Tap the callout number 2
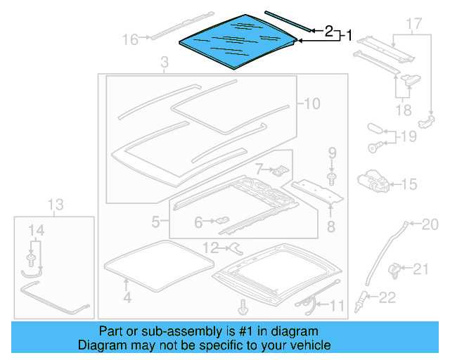pyautogui.click(x=328, y=31)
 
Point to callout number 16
pyautogui.click(x=130, y=40)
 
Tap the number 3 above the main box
pyautogui.click(x=165, y=65)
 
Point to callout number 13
pyautogui.click(x=55, y=205)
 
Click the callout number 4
pyautogui.click(x=127, y=297)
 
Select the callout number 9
pyautogui.click(x=333, y=153)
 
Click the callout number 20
pyautogui.click(x=429, y=224)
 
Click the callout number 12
pyautogui.click(x=210, y=247)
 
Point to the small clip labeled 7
pyautogui.click(x=280, y=170)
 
